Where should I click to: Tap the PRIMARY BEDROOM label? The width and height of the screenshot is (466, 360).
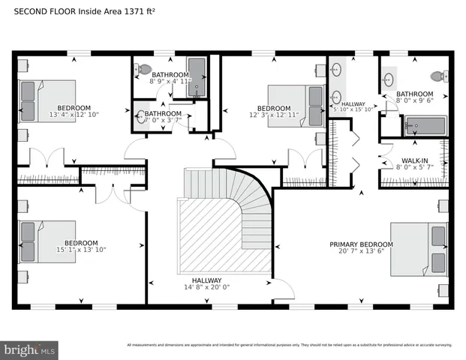pos(362,244)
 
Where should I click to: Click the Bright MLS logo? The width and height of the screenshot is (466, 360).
pos(30,349)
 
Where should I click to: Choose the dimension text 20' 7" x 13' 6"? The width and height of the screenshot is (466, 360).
pos(362,252)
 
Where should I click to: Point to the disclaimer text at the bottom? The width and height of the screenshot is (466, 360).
pos(289,345)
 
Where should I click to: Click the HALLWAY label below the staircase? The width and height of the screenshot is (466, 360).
pos(206,280)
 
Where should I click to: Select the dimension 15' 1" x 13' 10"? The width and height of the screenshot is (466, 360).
pos(80,250)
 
